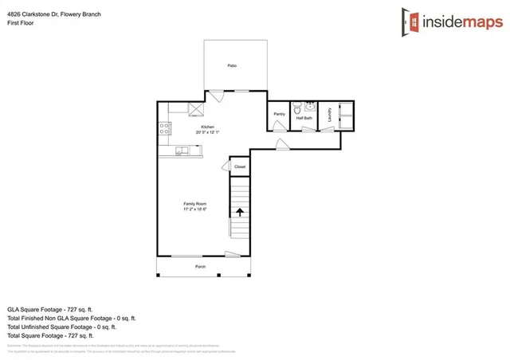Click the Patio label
click(232, 65)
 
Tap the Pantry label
click(279, 114)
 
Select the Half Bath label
click(304, 118)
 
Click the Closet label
click(240, 166)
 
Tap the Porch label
click(201, 266)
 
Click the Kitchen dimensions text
click(209, 132)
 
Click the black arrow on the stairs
click(239, 212)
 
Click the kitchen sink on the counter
click(182, 150)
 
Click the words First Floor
click(21, 23)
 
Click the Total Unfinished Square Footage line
click(62, 326)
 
